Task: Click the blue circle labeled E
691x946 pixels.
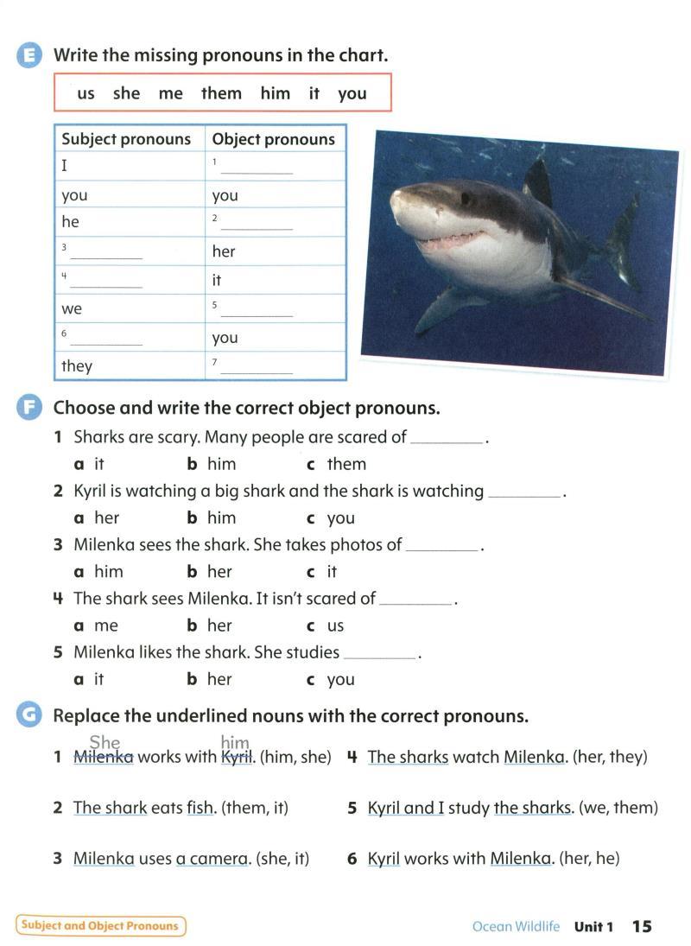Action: [29, 55]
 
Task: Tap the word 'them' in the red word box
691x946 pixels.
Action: [221, 93]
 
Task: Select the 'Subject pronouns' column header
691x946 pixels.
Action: [126, 139]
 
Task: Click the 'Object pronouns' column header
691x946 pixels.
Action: [273, 139]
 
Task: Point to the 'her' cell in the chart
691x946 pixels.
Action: [224, 251]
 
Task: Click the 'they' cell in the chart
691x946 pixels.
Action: [77, 366]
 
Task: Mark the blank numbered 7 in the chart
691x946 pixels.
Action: [257, 368]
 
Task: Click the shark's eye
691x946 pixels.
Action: [466, 199]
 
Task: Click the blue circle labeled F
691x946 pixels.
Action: [29, 408]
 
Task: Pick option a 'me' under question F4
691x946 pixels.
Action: [105, 625]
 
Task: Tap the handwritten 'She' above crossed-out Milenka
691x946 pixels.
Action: [105, 742]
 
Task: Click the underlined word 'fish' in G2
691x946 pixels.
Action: [200, 808]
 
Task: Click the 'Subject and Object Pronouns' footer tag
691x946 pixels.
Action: [100, 926]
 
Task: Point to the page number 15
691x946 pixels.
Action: [642, 926]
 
